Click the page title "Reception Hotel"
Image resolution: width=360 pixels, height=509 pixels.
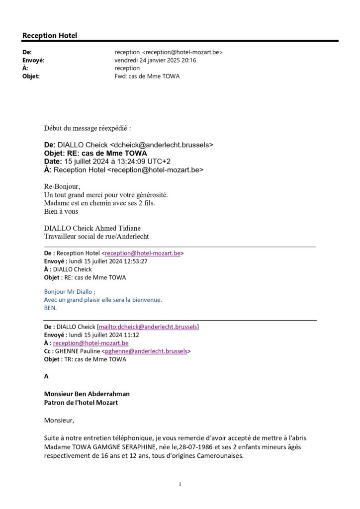click(50, 36)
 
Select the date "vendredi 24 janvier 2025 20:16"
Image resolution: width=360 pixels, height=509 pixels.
click(155, 60)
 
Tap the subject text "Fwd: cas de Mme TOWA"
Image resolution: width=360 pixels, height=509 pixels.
click(147, 76)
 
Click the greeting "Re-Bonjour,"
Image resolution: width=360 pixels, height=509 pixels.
click(62, 186)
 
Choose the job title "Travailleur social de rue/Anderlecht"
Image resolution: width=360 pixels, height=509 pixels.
click(96, 236)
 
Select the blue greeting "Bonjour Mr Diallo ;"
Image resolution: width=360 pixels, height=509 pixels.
click(70, 292)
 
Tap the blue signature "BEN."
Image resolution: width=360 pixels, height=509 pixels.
click(50, 308)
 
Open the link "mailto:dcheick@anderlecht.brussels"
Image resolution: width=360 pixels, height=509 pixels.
click(148, 327)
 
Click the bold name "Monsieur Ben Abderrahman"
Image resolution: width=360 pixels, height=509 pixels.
click(87, 394)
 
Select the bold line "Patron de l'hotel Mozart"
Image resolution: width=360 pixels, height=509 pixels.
click(81, 403)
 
